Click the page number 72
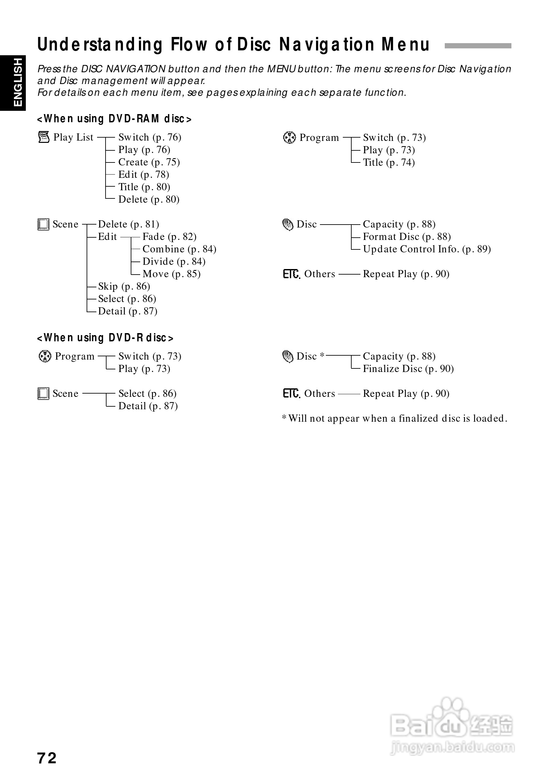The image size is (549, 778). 47,758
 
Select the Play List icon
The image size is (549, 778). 44,137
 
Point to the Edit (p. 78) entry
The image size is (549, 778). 143,175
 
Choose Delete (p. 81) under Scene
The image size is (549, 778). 128,224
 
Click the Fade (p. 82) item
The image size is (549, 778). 169,237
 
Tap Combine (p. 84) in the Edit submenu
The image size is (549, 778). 179,249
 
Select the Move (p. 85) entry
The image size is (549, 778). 171,274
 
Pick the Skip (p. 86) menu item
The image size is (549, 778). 124,287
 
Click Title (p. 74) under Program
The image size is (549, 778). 389,163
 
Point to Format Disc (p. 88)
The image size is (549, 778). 407,237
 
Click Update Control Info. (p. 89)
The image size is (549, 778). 427,249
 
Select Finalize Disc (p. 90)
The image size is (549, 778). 408,369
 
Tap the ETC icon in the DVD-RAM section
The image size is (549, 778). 291,274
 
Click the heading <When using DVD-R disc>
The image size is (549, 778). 105,338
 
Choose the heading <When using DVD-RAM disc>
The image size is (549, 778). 114,119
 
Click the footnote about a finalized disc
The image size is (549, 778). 394,419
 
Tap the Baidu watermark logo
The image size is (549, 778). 452,725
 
